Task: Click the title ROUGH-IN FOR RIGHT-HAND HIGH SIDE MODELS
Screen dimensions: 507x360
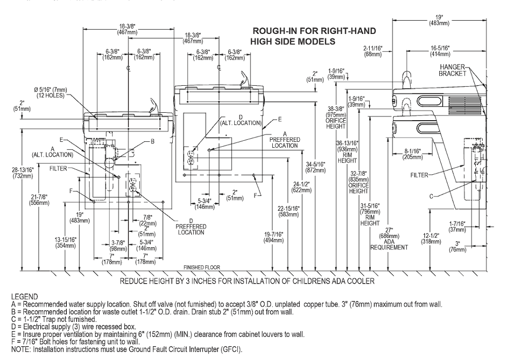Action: (313, 36)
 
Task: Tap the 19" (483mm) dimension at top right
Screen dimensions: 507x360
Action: (439, 20)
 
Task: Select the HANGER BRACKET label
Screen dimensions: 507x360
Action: (452, 70)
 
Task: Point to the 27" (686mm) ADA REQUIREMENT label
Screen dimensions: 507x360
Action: (389, 239)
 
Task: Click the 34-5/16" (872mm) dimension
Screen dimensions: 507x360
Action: (316, 167)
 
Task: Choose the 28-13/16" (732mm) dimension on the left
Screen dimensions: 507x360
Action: (23, 173)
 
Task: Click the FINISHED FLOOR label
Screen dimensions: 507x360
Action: (201, 267)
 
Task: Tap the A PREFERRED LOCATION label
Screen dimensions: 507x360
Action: (285, 140)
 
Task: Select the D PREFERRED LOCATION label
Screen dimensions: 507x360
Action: (191, 227)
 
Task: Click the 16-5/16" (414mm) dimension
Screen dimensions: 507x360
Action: (440, 51)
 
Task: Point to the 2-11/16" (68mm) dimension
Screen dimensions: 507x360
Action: (373, 51)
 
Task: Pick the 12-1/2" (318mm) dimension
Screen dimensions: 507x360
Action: (431, 238)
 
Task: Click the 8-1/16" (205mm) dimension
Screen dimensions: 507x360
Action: (413, 154)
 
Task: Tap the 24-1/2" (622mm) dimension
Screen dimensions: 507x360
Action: (301, 187)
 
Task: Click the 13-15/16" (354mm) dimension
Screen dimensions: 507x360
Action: (65, 242)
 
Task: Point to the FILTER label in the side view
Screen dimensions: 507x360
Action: (419, 175)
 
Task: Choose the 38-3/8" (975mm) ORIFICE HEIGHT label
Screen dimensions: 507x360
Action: (336, 118)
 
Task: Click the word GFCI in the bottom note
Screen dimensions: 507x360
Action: (230, 349)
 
